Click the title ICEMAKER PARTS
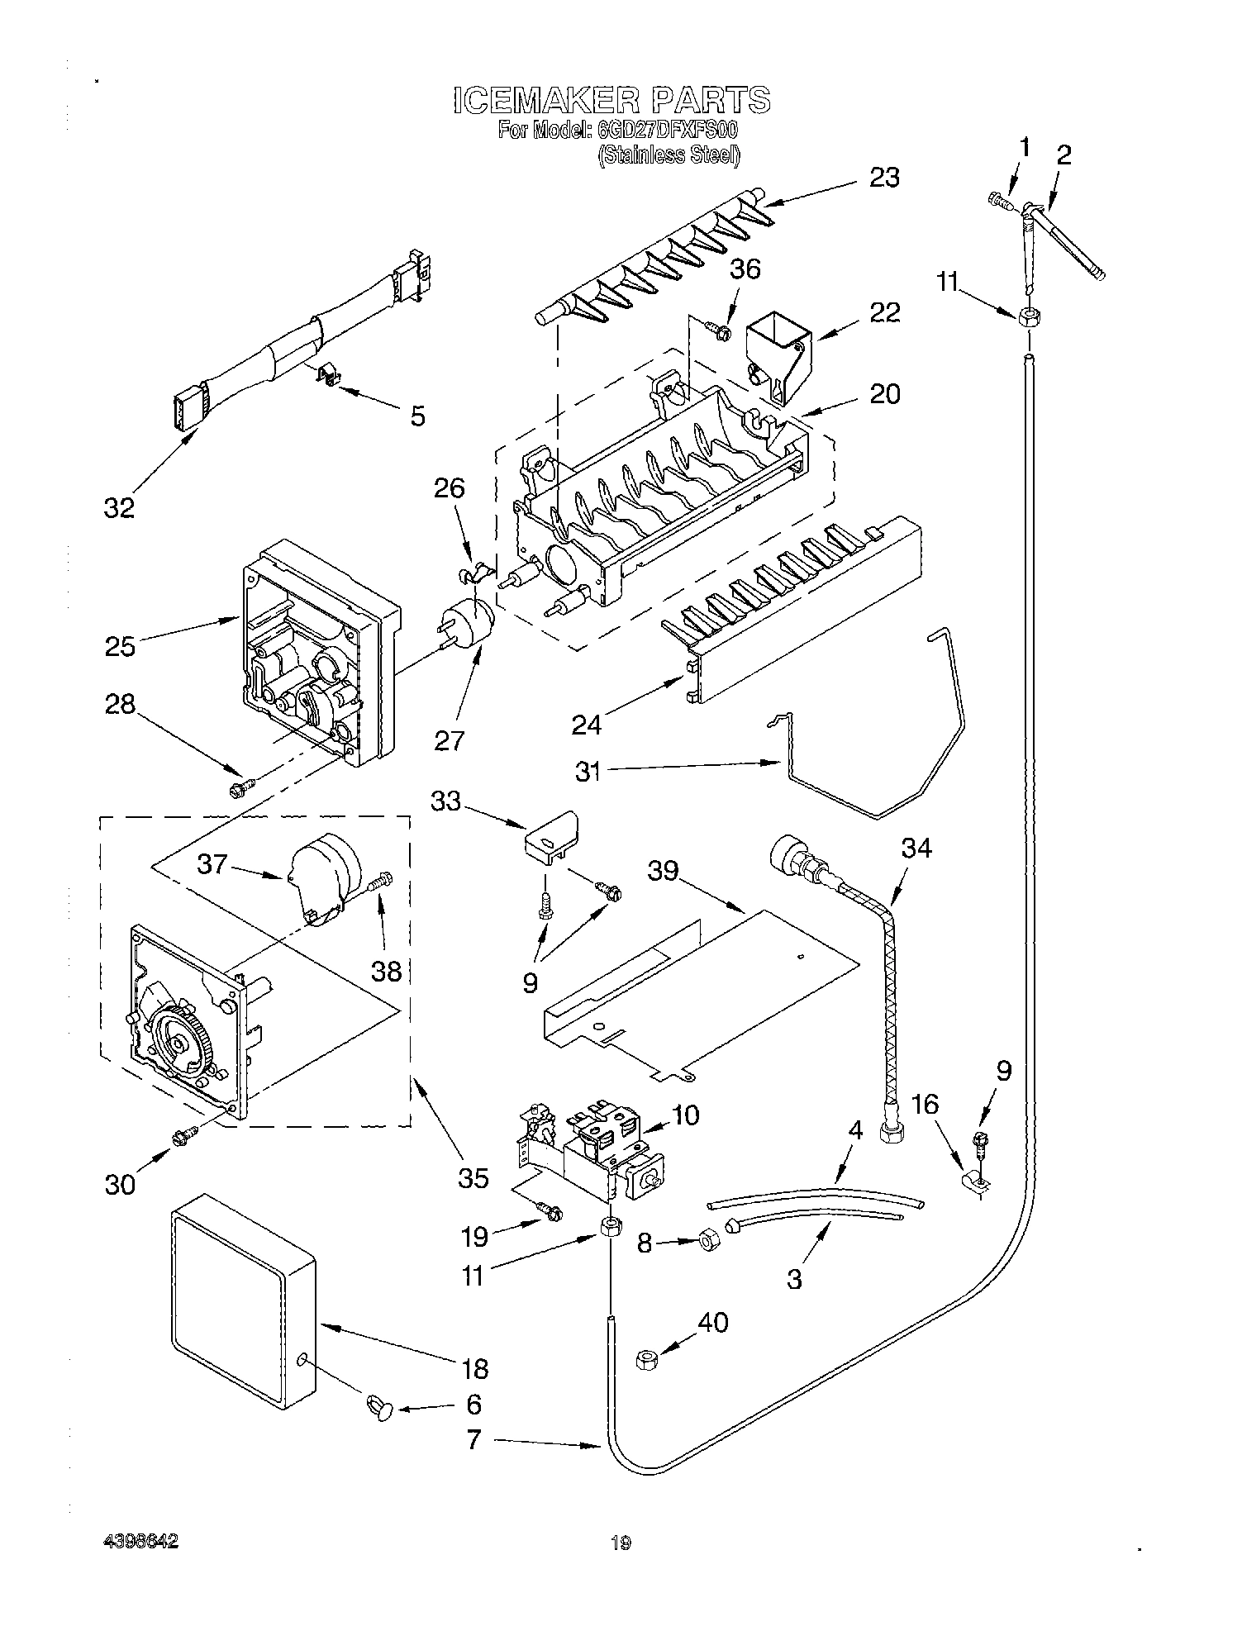(611, 100)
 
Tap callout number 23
(884, 178)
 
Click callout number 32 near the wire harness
(119, 507)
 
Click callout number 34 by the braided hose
(916, 849)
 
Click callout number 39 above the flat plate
(664, 870)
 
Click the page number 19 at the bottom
(621, 1542)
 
